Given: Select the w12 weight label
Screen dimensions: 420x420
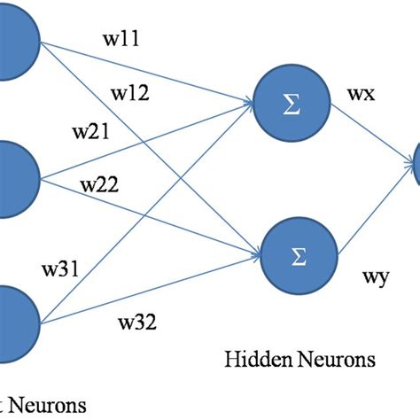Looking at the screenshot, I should [128, 92].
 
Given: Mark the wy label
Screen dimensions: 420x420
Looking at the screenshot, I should [373, 277].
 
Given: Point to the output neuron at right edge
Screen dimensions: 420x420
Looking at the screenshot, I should [413, 165].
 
